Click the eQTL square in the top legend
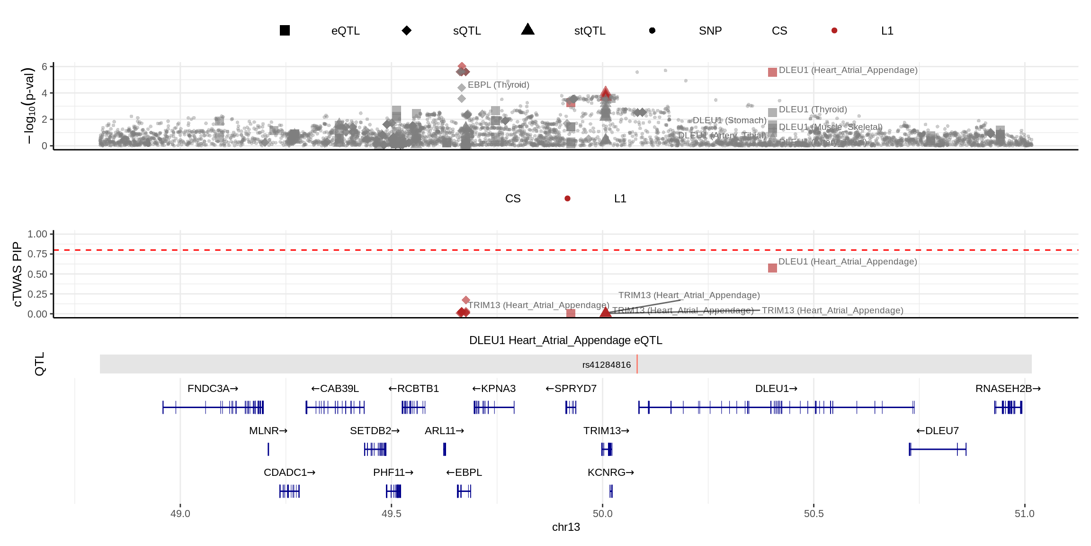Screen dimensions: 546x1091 click(285, 30)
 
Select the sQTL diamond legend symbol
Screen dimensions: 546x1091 click(406, 30)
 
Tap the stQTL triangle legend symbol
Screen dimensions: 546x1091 click(528, 30)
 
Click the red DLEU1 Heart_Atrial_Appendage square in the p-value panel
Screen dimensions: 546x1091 click(772, 72)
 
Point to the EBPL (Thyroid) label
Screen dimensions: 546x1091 click(498, 85)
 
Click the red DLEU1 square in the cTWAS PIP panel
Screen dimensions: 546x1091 click(772, 268)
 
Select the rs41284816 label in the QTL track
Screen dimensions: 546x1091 click(606, 364)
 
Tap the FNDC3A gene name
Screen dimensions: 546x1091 click(213, 389)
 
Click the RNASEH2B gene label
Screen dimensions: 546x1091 click(1008, 389)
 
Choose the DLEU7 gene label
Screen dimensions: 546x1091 click(937, 431)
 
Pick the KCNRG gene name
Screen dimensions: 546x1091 click(610, 473)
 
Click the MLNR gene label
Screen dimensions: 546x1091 click(268, 431)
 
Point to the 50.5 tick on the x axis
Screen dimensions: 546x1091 click(814, 514)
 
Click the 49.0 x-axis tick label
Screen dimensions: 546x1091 click(180, 514)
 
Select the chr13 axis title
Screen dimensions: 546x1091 click(566, 527)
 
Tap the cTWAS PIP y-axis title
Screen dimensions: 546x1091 click(17, 274)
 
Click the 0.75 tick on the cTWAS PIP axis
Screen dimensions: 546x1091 click(37, 254)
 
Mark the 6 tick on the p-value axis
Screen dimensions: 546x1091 click(45, 67)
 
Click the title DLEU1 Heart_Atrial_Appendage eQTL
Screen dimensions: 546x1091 click(565, 340)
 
